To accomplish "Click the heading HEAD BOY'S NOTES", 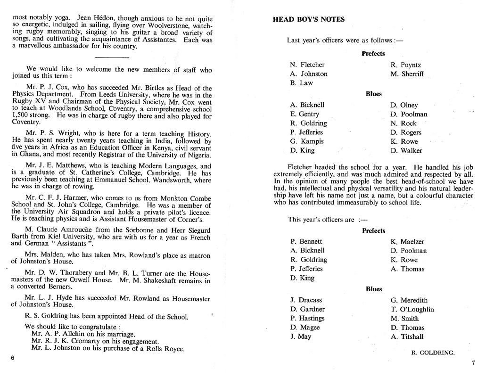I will [309, 20].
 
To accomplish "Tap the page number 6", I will [13, 357].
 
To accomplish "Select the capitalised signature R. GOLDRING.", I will [433, 352].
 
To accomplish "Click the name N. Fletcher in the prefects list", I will [307, 65].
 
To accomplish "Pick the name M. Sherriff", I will [407, 74].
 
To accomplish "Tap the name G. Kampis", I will [307, 141].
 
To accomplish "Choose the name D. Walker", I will [406, 151].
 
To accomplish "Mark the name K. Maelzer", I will [407, 242].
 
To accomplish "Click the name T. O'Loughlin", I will [412, 310].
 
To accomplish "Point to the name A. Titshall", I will [407, 336].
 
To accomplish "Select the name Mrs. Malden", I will [47, 254].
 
